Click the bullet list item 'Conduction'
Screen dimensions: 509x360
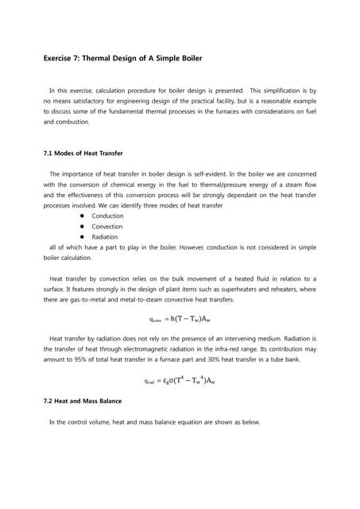pyautogui.click(x=107, y=216)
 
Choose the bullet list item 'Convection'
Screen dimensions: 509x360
pyautogui.click(x=107, y=227)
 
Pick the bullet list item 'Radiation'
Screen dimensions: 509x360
pyautogui.click(x=105, y=237)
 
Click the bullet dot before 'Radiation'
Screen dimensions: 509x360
pyautogui.click(x=82, y=237)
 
